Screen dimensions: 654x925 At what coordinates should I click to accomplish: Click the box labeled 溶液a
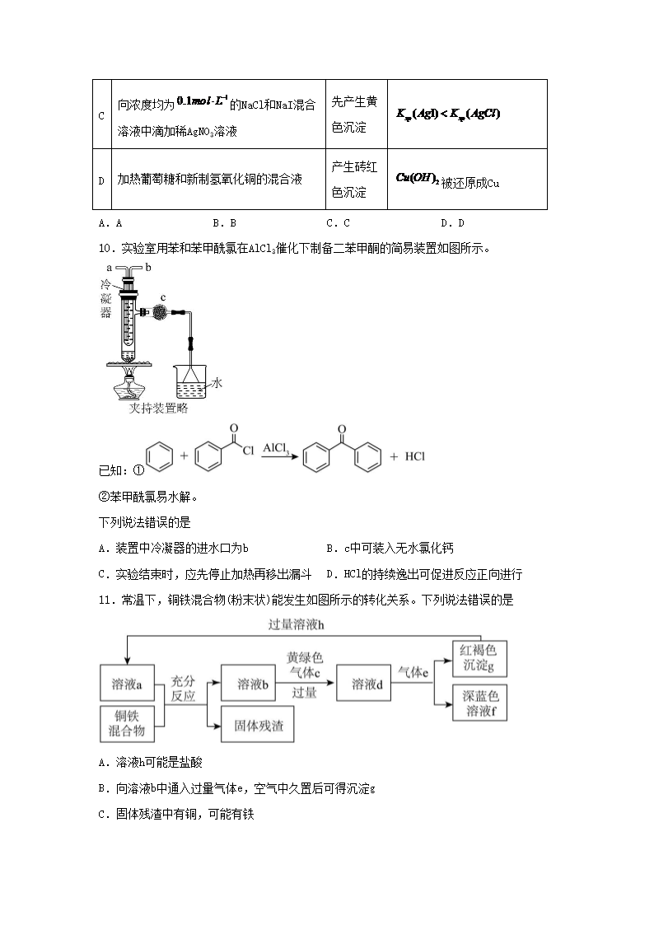pos(127,684)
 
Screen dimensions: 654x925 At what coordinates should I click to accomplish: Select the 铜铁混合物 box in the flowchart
pos(127,723)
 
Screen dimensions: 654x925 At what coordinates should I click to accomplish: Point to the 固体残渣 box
pos(257,724)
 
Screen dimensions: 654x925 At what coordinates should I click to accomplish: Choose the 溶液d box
pos(363,683)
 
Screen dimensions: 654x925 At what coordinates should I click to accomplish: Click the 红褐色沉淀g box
pos(479,658)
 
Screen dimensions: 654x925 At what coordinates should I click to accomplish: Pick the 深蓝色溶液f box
pos(479,703)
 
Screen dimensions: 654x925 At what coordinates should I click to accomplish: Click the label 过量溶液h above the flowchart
pos(296,624)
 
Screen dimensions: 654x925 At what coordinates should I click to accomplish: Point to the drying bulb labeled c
pos(160,312)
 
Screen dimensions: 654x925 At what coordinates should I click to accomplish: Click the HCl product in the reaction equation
pos(414,456)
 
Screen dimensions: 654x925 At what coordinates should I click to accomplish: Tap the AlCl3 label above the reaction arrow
pos(276,448)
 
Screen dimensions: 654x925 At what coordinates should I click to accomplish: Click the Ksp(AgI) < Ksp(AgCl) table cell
pos(467,114)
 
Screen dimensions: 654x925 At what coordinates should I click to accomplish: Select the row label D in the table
pos(101,180)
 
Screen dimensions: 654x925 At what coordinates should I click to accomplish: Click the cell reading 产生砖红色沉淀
pos(356,180)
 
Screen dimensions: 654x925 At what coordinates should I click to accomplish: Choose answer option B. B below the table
pos(224,223)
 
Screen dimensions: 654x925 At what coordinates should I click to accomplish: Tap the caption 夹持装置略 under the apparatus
pos(159,409)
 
